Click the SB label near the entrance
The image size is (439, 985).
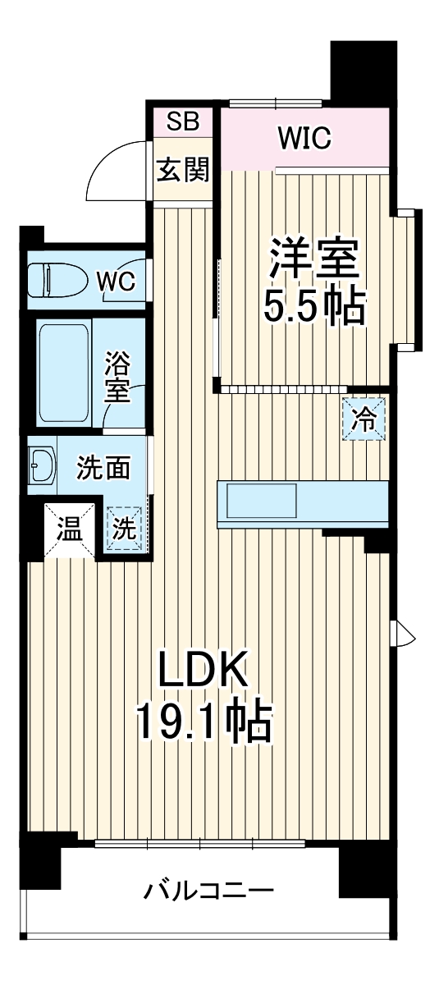pyautogui.click(x=183, y=121)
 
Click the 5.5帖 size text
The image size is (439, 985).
pyautogui.click(x=313, y=306)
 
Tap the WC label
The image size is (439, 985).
pyautogui.click(x=117, y=282)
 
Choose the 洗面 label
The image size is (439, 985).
pyautogui.click(x=103, y=468)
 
